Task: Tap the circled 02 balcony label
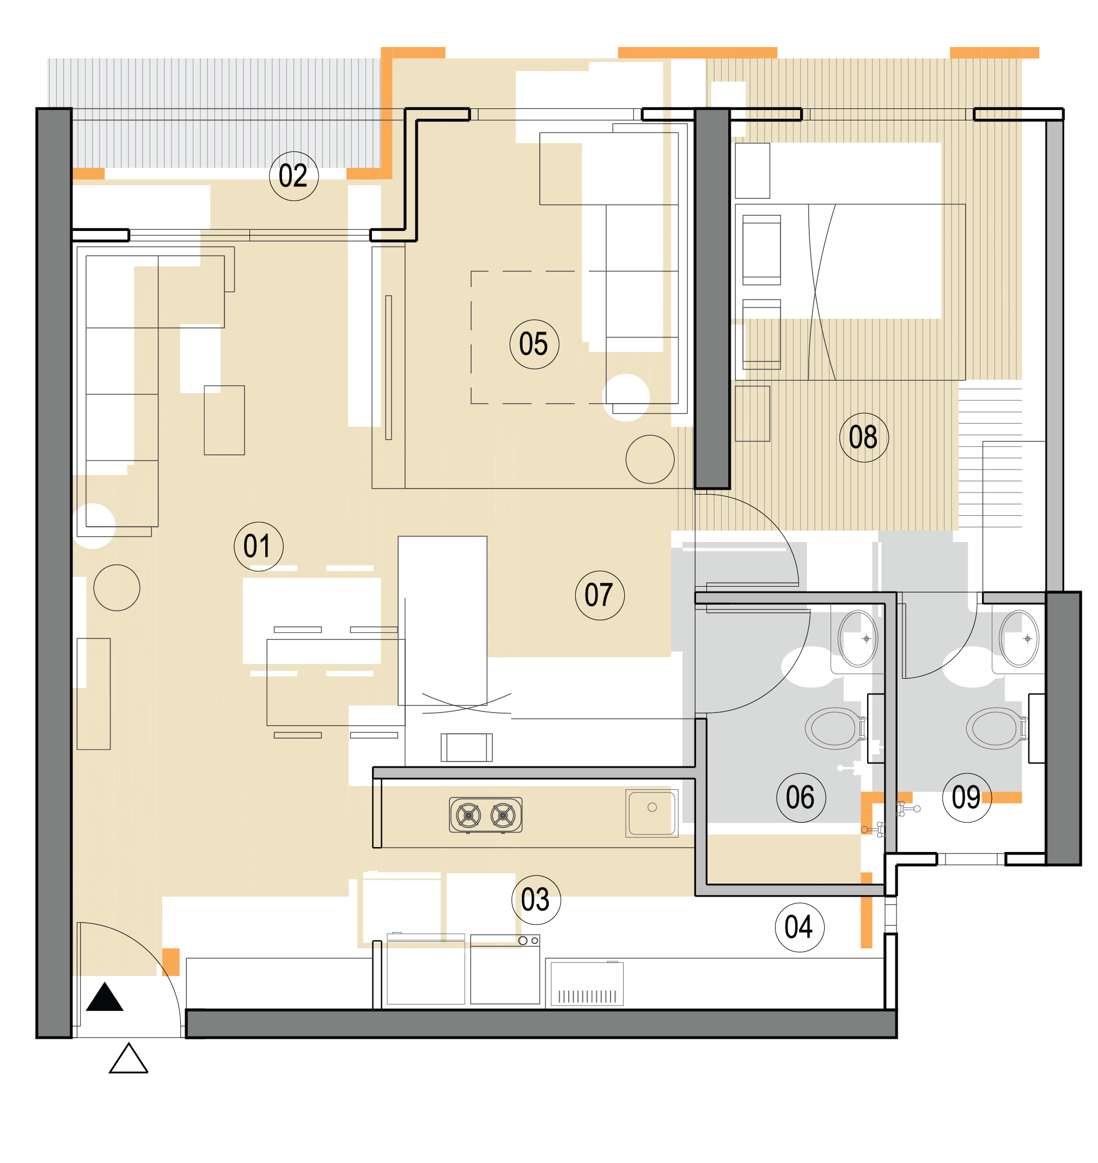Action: [294, 176]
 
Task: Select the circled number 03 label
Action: [536, 900]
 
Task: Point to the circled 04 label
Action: [800, 928]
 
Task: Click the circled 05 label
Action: [534, 344]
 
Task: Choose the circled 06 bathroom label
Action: [801, 798]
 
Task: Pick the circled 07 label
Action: [600, 596]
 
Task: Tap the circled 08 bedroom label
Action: [864, 438]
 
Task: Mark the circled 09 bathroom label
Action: [967, 798]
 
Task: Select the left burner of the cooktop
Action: [468, 815]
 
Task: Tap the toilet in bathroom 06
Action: [837, 729]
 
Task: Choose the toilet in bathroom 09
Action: [997, 729]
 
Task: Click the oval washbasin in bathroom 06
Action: [858, 638]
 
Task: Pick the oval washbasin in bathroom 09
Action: [1019, 638]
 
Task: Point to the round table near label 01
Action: [117, 588]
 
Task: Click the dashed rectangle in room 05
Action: [471, 338]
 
